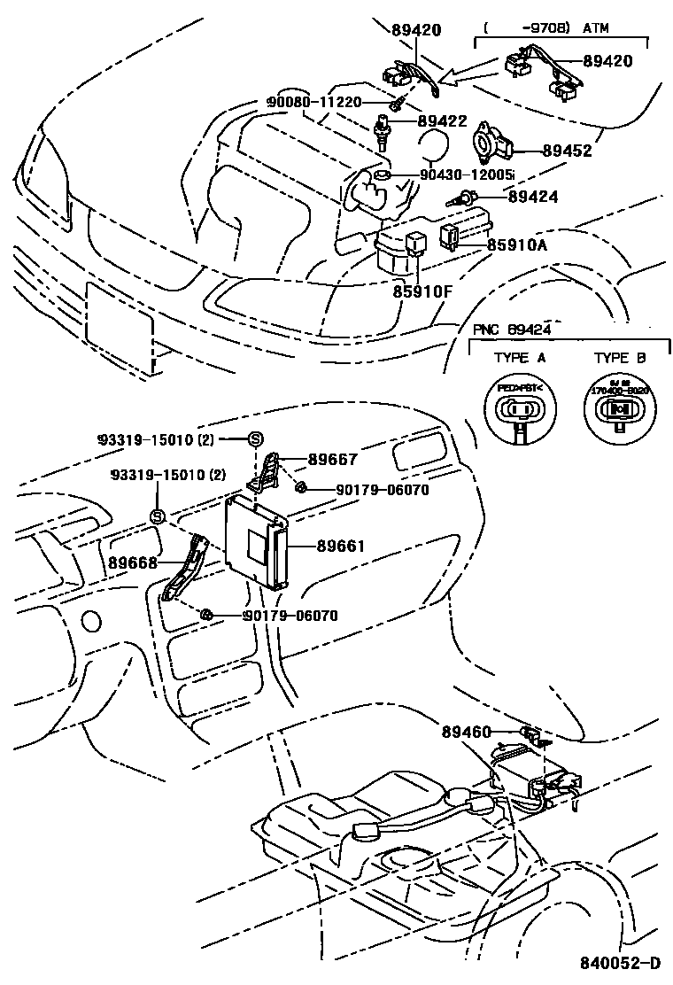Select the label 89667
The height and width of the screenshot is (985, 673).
pyautogui.click(x=333, y=460)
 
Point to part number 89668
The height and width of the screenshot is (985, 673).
pyautogui.click(x=133, y=562)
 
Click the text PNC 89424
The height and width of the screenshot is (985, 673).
pyautogui.click(x=512, y=330)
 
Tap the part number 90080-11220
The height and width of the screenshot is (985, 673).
pyautogui.click(x=314, y=102)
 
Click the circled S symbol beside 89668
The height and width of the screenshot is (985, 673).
pyautogui.click(x=158, y=516)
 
